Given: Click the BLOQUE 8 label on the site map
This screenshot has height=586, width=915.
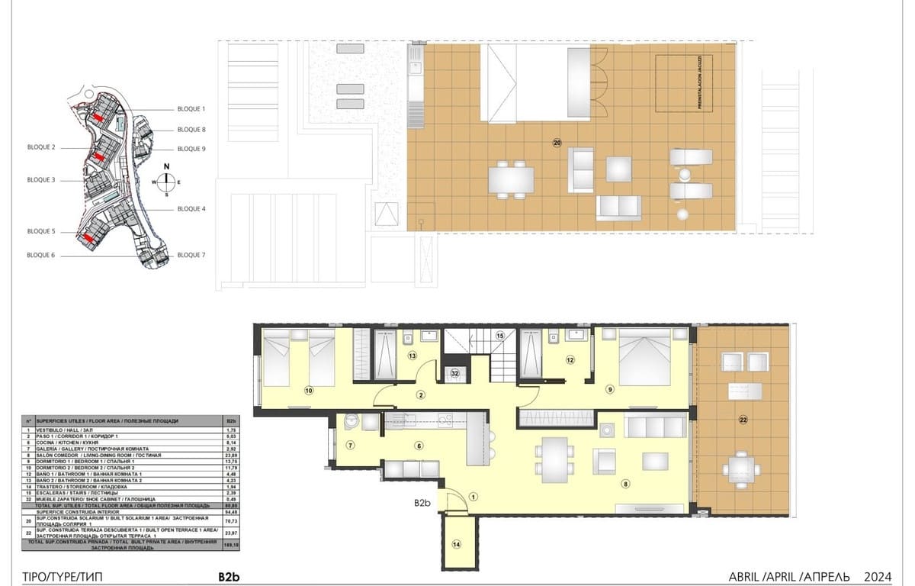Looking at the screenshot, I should point(191,130).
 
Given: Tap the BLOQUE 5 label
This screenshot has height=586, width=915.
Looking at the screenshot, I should point(41,230).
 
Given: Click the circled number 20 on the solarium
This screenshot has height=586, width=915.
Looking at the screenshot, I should point(557,143).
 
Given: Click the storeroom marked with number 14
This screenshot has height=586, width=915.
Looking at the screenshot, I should point(457,543).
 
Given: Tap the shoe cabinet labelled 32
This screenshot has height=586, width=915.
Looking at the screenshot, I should point(454,373).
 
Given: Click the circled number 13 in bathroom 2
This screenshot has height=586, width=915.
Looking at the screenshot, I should point(412,356).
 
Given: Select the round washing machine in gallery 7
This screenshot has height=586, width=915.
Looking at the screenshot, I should point(352,421).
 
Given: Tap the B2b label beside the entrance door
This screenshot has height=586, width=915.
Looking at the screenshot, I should point(423,503).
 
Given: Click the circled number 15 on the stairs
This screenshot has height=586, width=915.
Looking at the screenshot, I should point(500,335).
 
